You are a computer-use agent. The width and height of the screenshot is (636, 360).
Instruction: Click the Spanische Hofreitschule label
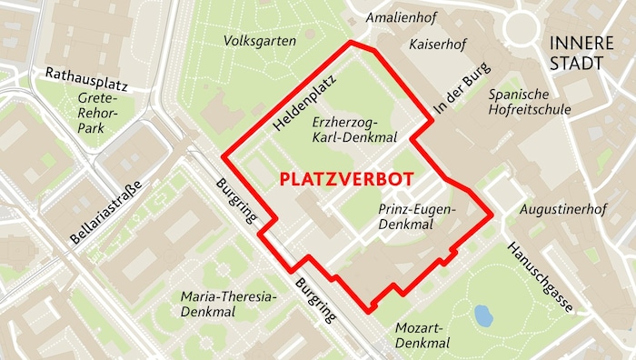click(530, 102)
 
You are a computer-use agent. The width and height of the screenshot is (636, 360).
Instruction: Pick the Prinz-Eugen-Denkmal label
click(416, 216)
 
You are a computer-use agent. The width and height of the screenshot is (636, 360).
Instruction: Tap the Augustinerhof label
click(562, 210)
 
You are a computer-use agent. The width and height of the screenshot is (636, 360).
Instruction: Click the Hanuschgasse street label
click(541, 277)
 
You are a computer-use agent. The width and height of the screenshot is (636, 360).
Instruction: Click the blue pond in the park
click(483, 315)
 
